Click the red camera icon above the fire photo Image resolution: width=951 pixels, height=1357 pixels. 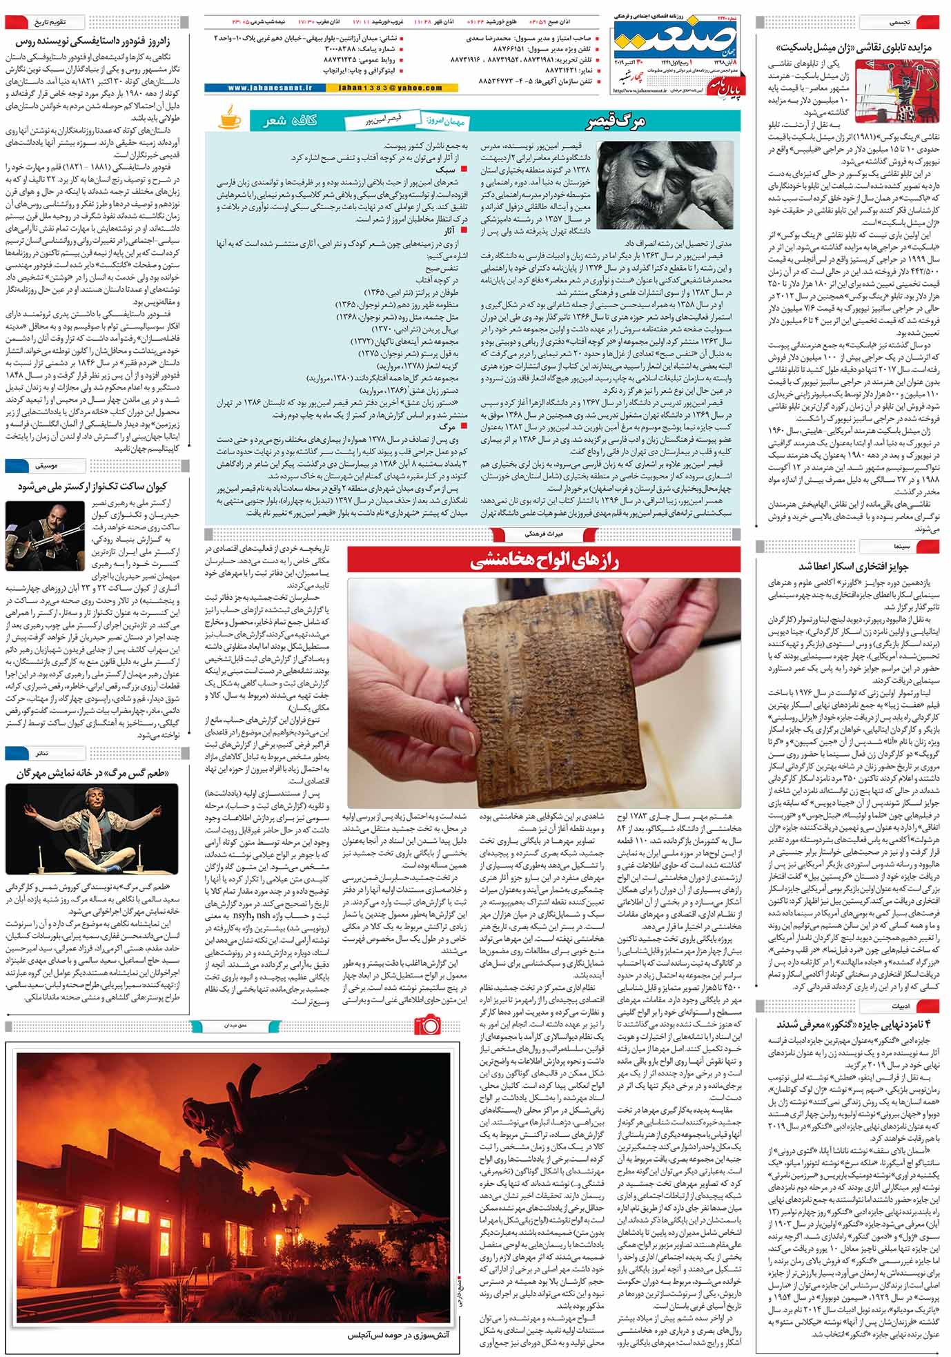(428, 1024)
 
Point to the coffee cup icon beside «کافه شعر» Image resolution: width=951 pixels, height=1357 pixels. (229, 118)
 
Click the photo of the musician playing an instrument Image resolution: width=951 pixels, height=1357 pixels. (45, 534)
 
